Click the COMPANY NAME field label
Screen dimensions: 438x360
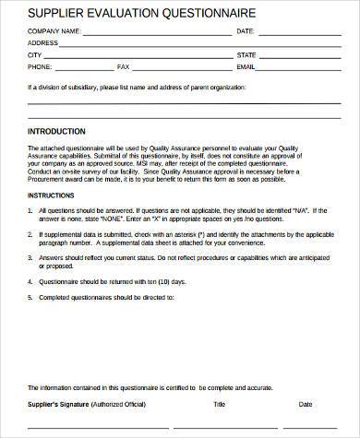tap(54, 30)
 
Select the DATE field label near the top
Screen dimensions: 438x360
tap(245, 30)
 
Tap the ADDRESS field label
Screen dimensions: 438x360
tap(43, 42)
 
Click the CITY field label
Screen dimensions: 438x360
tap(35, 54)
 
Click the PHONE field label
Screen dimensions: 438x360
tap(40, 67)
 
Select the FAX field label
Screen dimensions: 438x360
tap(124, 67)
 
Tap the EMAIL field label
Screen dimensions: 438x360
tap(246, 67)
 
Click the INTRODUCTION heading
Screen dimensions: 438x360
tap(56, 131)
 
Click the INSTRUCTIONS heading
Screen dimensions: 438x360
tap(51, 195)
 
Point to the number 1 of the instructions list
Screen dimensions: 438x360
tap(30, 210)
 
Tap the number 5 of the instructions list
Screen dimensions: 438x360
tap(30, 298)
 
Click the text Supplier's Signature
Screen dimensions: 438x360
tap(58, 403)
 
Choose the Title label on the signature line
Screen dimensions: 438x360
tap(219, 403)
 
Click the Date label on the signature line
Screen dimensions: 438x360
tap(306, 403)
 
